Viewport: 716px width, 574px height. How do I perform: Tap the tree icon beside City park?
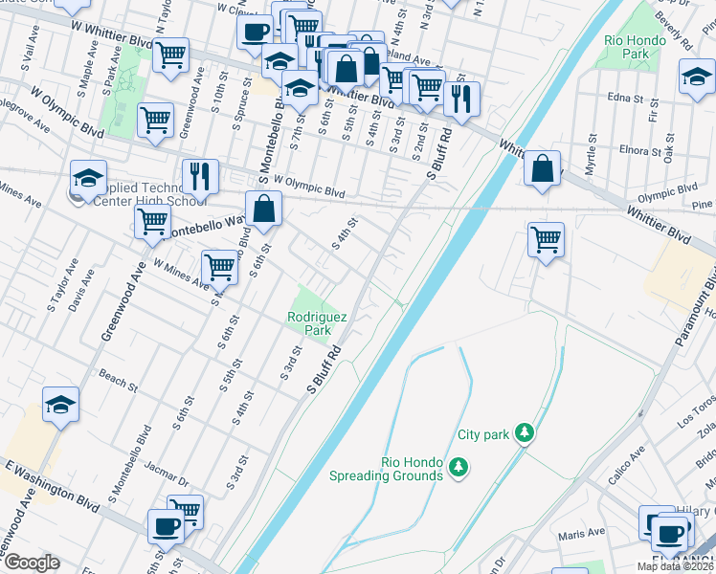coord(524,434)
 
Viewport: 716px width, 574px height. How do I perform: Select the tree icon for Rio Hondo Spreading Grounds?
coord(459,467)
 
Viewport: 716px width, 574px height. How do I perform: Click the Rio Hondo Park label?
coord(627,47)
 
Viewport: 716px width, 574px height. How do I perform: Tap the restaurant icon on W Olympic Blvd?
coord(200,176)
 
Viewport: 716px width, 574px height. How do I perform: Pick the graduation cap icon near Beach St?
coord(61,405)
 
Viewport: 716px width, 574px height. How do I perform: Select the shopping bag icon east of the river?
coord(543,169)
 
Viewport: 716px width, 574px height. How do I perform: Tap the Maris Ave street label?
coord(584,532)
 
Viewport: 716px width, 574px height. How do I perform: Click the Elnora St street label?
coord(634,150)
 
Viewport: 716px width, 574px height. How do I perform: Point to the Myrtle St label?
coord(591,152)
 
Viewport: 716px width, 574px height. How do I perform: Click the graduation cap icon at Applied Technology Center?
coord(87,179)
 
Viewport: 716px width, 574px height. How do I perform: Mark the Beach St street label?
coord(119,382)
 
